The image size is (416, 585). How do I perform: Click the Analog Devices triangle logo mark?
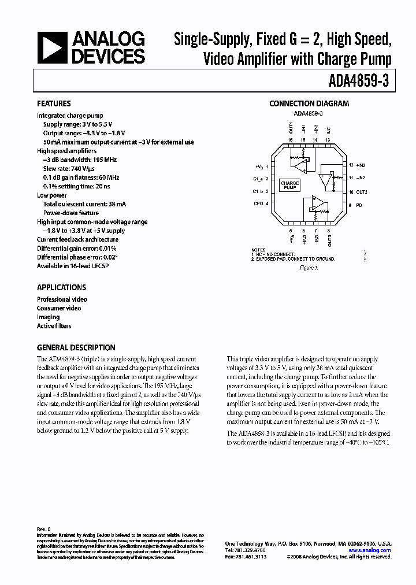51,47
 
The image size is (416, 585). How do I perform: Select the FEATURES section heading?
54,104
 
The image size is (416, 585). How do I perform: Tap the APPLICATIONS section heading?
61,287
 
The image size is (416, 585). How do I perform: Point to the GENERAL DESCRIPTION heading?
76,347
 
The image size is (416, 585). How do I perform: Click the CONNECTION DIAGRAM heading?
309,104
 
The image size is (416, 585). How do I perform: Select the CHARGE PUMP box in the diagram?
289,185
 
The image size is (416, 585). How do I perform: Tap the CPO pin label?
258,203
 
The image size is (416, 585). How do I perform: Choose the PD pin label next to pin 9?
359,205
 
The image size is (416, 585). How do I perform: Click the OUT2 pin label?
362,192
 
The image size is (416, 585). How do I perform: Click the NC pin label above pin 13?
328,130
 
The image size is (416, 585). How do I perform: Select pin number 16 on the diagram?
291,140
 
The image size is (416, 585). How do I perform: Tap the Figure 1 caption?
309,268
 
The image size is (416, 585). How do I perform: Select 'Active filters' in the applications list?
54,326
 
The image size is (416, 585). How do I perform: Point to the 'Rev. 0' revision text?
44,529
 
